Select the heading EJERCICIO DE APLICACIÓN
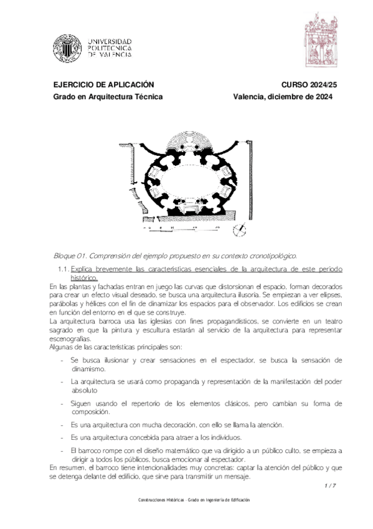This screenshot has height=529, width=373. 103,84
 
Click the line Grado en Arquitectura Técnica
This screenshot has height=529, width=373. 108,97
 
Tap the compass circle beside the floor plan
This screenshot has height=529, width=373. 239,230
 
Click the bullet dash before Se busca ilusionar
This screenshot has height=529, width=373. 61,361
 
